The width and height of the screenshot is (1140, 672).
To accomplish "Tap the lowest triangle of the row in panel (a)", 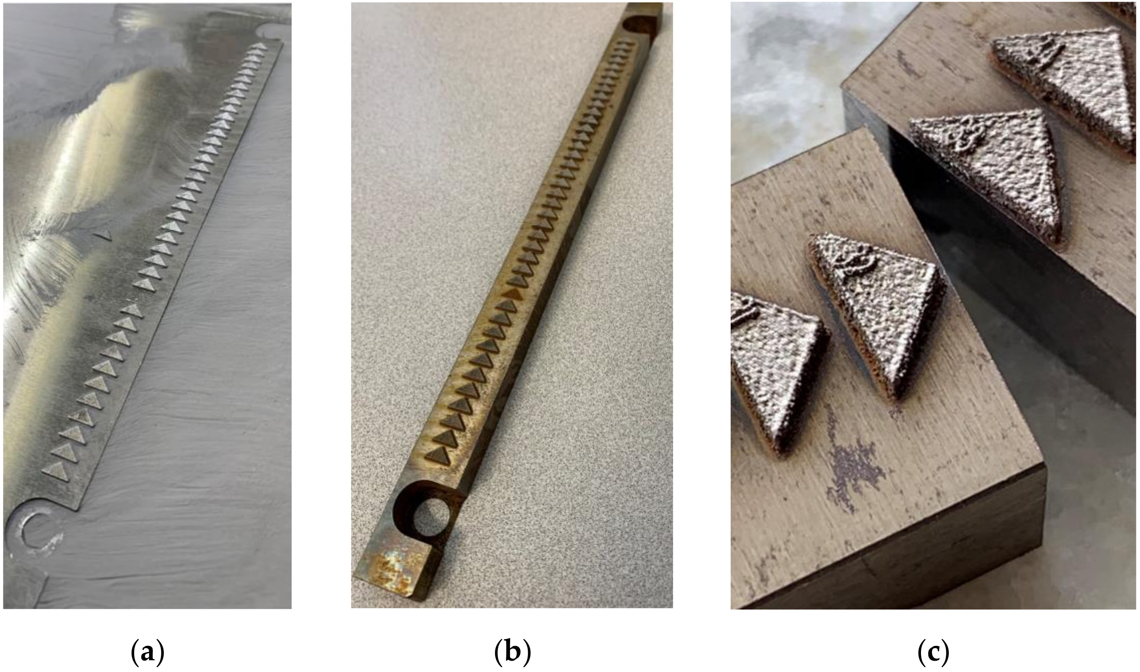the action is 57,470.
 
